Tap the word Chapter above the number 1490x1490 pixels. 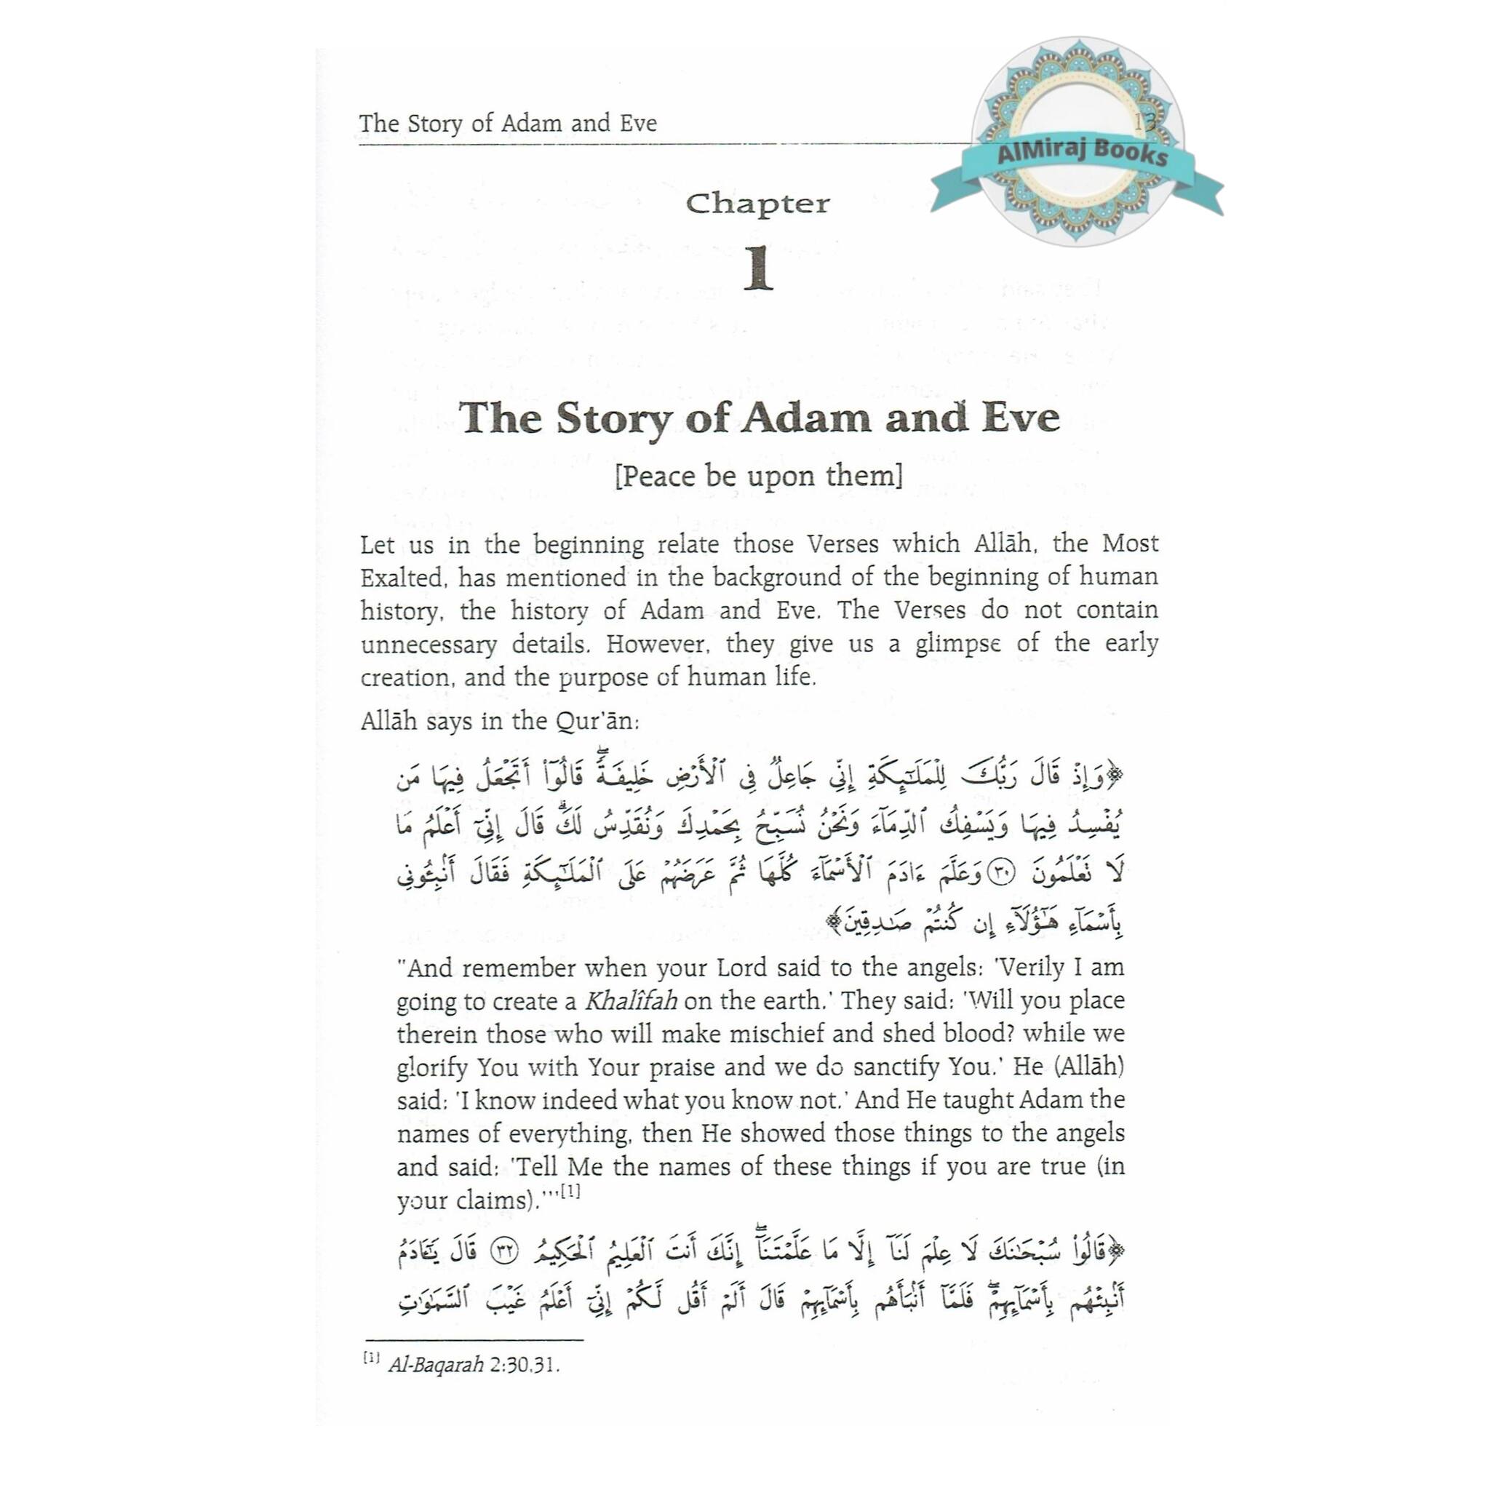(x=757, y=204)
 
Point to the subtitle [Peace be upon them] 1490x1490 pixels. (x=758, y=476)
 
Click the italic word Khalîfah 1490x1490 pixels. (x=631, y=1001)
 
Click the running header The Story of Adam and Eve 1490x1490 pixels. (x=508, y=124)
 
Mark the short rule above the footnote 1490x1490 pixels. (x=474, y=1340)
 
